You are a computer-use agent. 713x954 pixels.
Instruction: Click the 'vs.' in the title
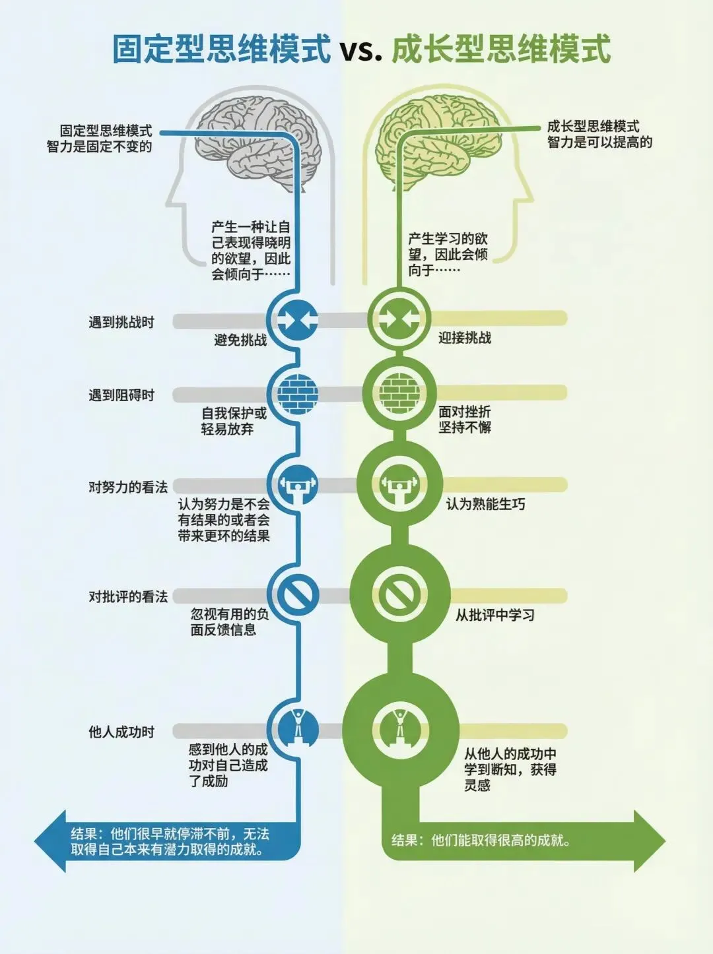(361, 50)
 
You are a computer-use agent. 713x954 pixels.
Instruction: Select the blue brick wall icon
(298, 395)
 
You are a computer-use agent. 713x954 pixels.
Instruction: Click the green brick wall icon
(398, 394)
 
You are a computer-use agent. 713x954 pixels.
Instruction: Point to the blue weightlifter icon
(298, 486)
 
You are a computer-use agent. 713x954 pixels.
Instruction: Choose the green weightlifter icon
(399, 486)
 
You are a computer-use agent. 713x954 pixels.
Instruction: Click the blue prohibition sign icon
(298, 595)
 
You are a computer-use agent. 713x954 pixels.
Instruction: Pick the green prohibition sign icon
(399, 594)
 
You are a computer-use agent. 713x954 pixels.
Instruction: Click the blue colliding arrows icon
(298, 319)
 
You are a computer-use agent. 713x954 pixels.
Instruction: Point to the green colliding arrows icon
(398, 319)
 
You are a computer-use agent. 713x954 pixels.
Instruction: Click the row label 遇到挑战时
(121, 322)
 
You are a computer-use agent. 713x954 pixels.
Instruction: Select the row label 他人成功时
(121, 732)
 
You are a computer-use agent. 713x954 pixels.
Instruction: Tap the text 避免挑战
(240, 340)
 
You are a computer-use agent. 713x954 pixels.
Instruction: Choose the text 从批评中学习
(495, 615)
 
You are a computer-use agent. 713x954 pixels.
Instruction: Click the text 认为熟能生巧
(486, 504)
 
